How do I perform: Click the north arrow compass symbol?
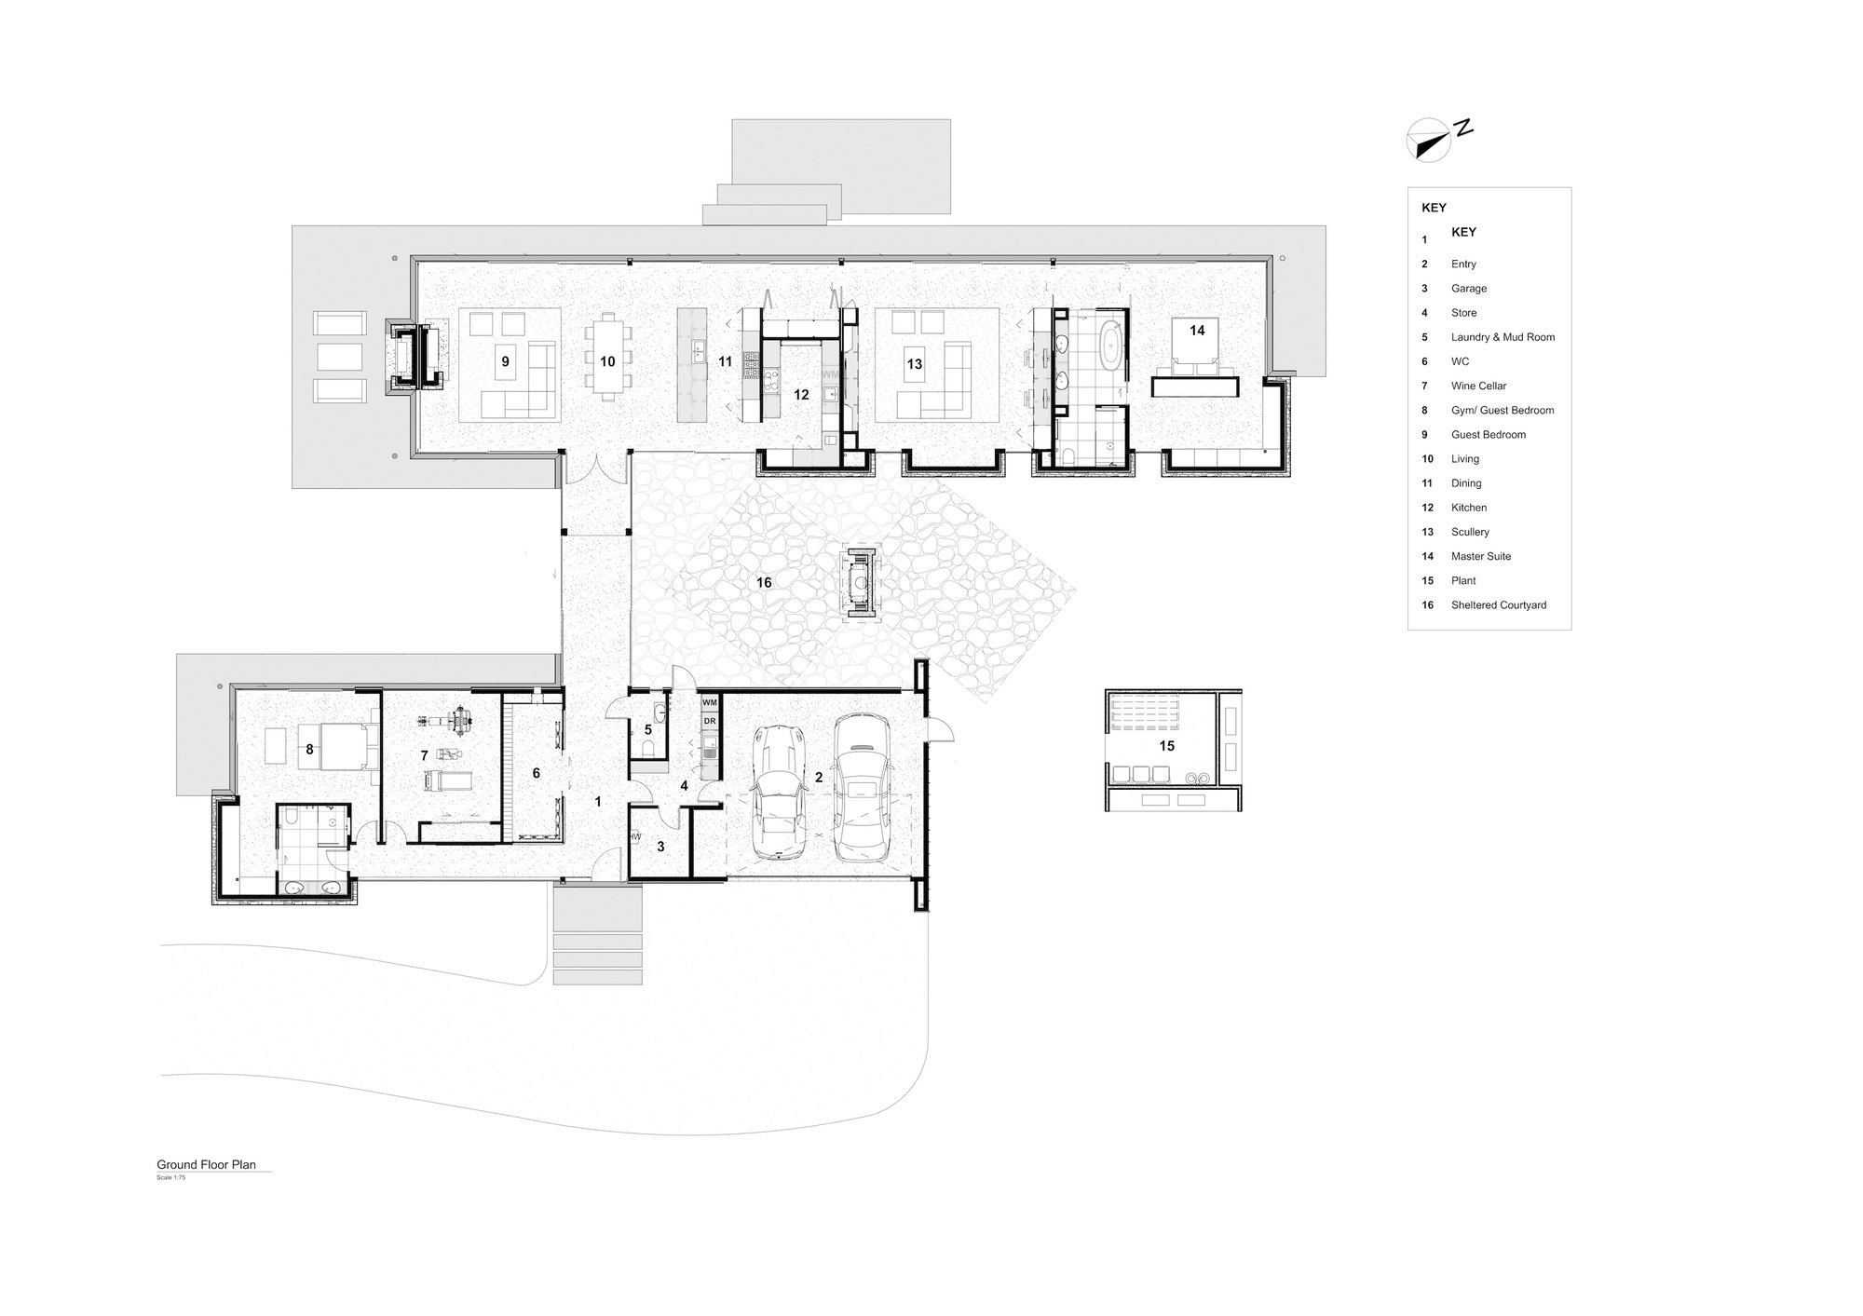pyautogui.click(x=1427, y=141)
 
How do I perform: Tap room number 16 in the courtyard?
pyautogui.click(x=764, y=583)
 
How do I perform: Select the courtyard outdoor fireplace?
pyautogui.click(x=859, y=584)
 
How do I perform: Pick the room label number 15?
pyautogui.click(x=1166, y=746)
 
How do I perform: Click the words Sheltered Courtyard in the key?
pyautogui.click(x=1498, y=605)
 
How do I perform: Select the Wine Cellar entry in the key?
pyautogui.click(x=1478, y=386)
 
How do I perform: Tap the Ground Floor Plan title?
pyautogui.click(x=206, y=1164)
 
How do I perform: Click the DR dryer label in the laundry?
pyautogui.click(x=709, y=721)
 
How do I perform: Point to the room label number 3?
pyautogui.click(x=660, y=847)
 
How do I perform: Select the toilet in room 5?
pyautogui.click(x=648, y=750)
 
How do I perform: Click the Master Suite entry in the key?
pyautogui.click(x=1480, y=556)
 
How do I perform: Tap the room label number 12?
pyautogui.click(x=801, y=395)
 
